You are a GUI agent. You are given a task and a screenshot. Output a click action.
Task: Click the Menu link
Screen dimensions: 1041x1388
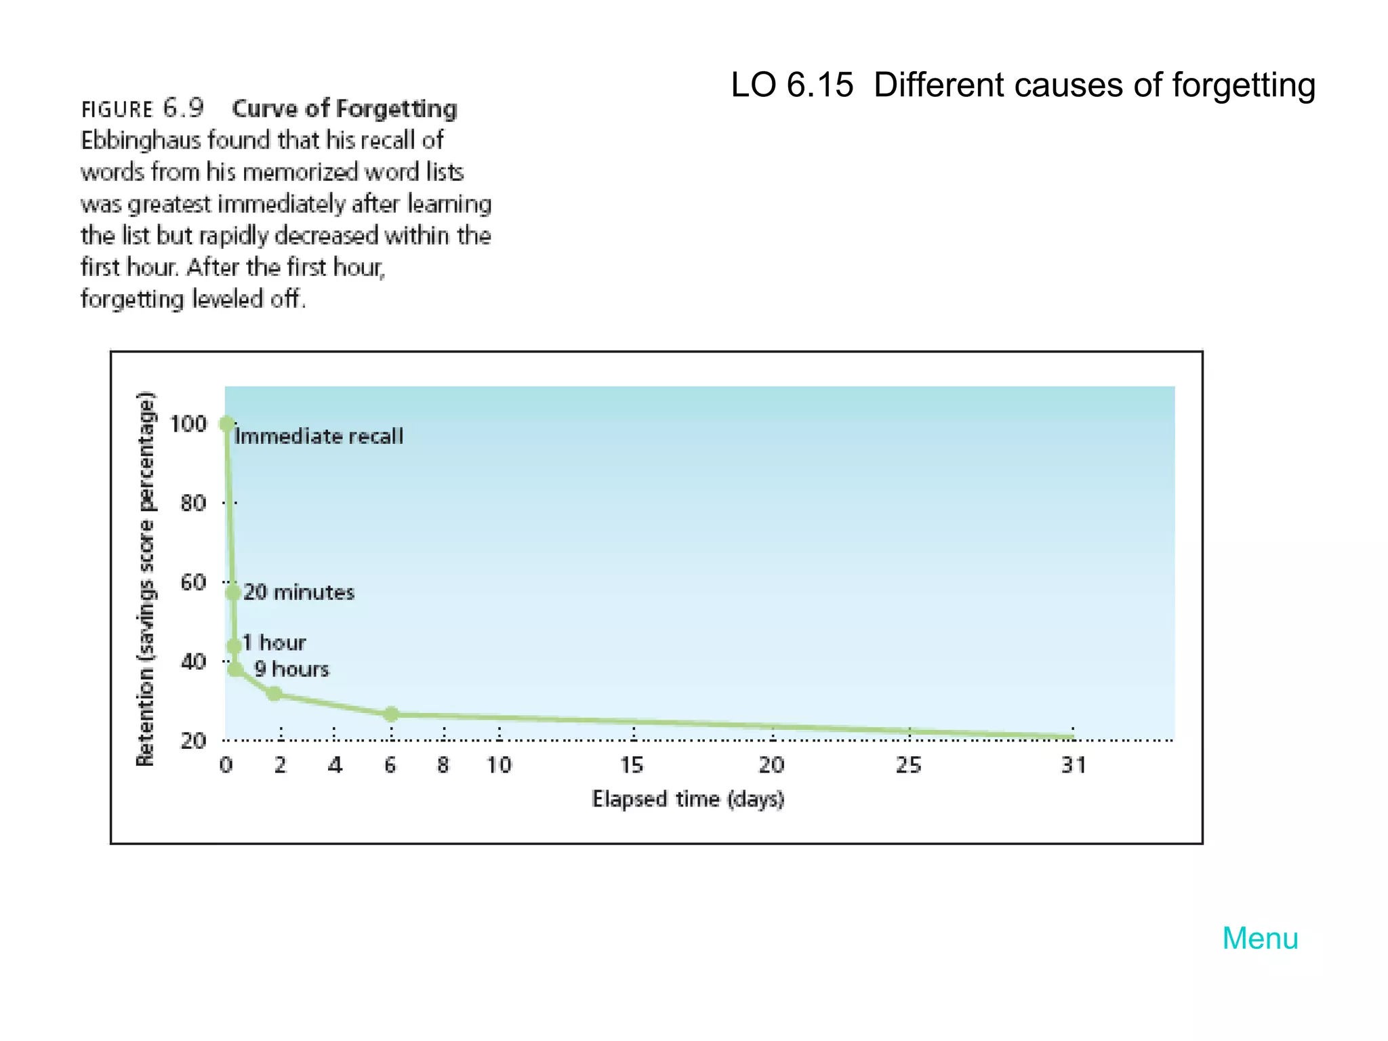point(1260,939)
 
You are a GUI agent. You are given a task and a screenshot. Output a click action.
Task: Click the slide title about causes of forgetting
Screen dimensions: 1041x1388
point(1023,85)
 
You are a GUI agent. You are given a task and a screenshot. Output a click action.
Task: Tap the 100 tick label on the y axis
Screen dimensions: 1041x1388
point(188,424)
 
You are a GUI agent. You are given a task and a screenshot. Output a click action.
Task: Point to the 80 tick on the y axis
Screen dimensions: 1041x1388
point(193,503)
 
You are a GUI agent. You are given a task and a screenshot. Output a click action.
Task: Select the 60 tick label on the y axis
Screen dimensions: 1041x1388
point(193,582)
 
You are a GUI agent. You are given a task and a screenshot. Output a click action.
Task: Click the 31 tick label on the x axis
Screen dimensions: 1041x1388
point(1074,765)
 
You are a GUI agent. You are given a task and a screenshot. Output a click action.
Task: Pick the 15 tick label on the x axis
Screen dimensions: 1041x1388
point(632,765)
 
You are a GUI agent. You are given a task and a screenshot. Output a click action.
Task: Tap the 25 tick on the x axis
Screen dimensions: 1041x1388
point(909,765)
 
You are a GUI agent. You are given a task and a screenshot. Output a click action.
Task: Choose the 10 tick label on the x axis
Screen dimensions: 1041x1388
point(499,765)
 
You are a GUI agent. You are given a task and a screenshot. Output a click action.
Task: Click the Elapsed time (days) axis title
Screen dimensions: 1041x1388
point(688,799)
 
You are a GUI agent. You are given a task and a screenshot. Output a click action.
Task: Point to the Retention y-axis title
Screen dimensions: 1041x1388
point(146,579)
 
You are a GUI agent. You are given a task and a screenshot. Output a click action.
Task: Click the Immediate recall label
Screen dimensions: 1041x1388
point(319,436)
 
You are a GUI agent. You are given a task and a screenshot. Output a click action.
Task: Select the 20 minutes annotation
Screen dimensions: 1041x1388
point(299,592)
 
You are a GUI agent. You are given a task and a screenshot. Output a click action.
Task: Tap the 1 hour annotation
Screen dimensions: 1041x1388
point(274,642)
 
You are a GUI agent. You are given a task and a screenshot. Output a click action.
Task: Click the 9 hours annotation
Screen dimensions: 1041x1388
point(291,670)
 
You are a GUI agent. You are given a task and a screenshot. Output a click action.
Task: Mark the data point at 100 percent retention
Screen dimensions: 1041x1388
point(227,424)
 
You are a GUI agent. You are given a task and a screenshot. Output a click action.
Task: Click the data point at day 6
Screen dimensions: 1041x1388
point(391,714)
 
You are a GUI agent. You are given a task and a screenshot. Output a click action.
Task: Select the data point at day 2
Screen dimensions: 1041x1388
point(274,693)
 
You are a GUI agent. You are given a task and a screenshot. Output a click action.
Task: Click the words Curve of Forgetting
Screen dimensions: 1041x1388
point(344,108)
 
